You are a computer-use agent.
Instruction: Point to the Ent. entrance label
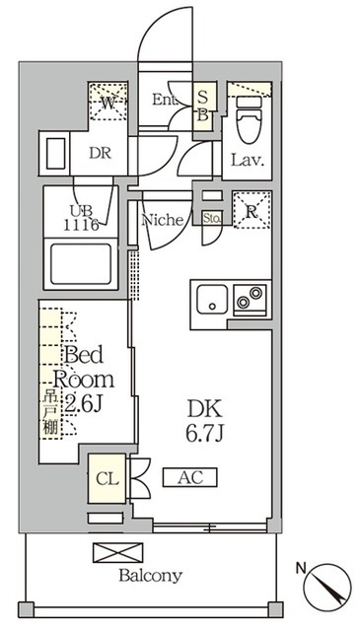165,100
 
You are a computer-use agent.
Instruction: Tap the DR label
100,154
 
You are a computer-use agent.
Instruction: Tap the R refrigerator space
250,210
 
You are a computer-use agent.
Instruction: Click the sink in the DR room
54,154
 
